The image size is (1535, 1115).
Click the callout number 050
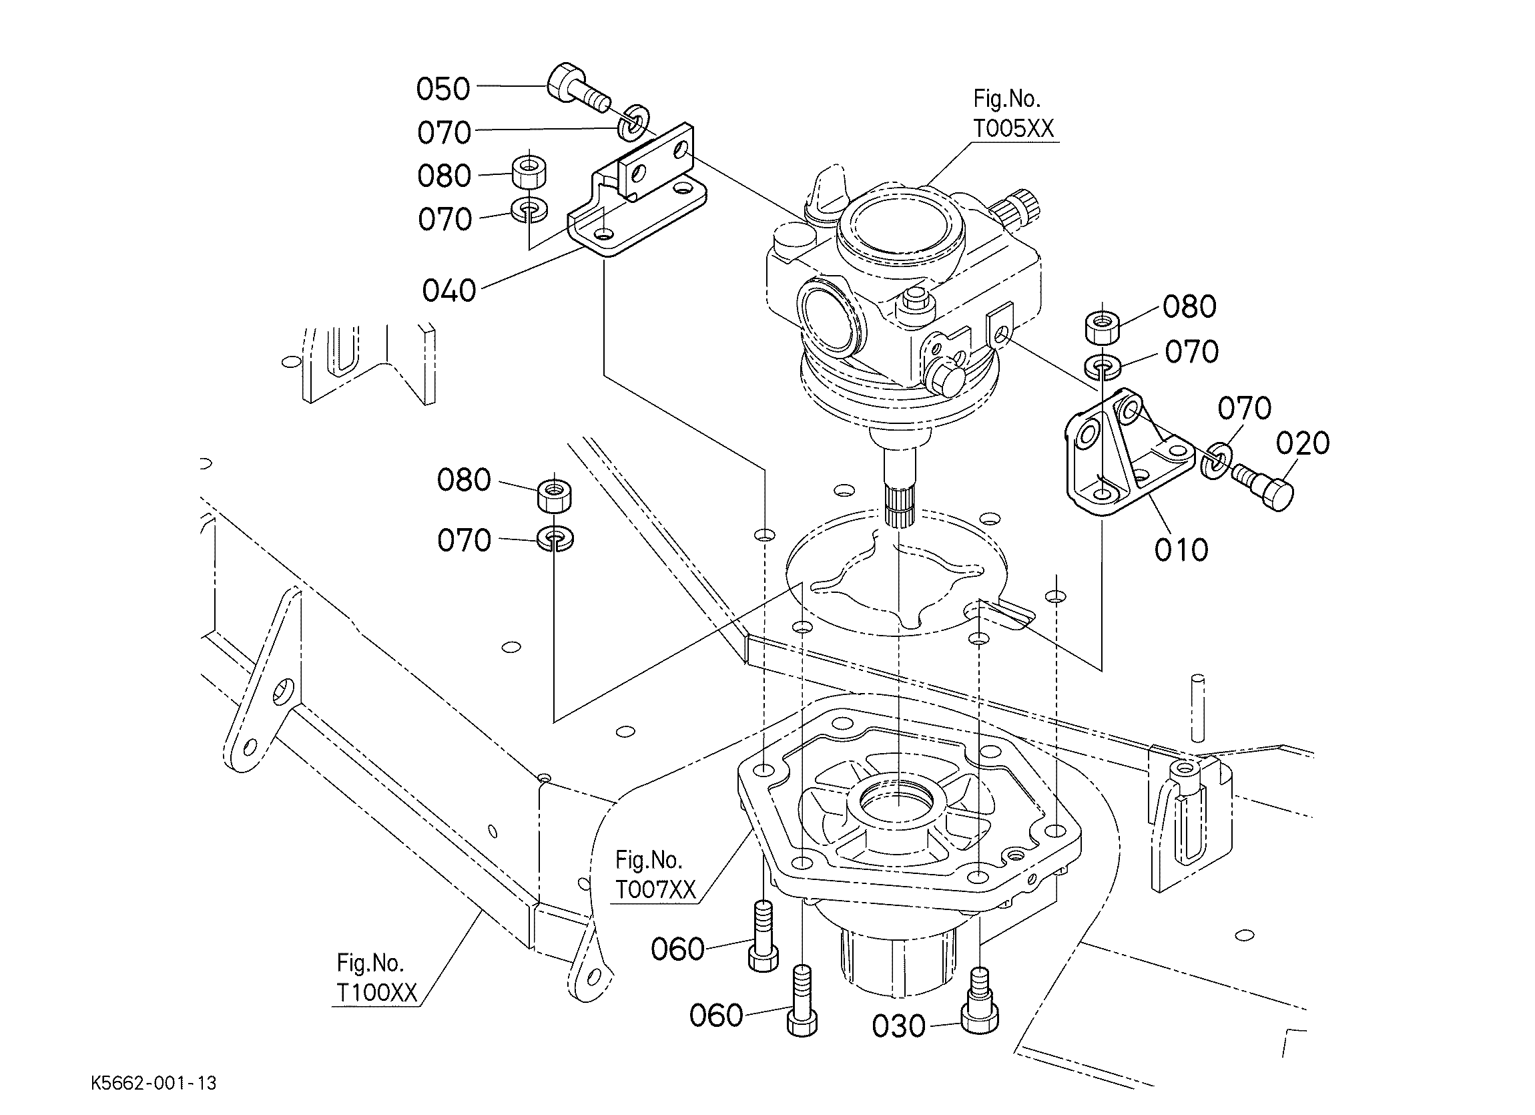[442, 89]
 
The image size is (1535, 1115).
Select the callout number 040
[448, 290]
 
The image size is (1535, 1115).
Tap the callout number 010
[1181, 549]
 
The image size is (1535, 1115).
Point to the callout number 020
[1302, 443]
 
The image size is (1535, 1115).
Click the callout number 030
[898, 1026]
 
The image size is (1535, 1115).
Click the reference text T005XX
[1013, 128]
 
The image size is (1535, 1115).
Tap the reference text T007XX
[655, 889]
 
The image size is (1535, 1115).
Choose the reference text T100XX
[377, 992]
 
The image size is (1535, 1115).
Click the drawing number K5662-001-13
[153, 1084]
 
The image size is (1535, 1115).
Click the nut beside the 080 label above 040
[529, 174]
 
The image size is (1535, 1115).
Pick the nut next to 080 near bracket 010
[1102, 328]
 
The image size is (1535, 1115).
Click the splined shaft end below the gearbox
[900, 507]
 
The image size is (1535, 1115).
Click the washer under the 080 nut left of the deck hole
[555, 539]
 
